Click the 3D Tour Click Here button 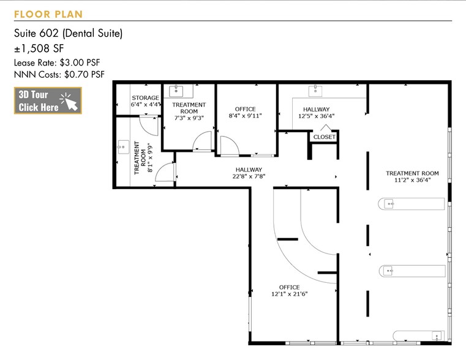[x=48, y=101]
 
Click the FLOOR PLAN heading [x=48, y=14]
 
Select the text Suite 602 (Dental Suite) [x=68, y=34]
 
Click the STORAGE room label [x=145, y=98]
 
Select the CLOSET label [x=324, y=137]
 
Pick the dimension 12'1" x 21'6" [x=289, y=294]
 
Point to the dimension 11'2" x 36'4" [x=412, y=181]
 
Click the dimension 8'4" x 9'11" [x=245, y=116]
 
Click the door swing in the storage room [x=148, y=124]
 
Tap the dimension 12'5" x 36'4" [x=317, y=116]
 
